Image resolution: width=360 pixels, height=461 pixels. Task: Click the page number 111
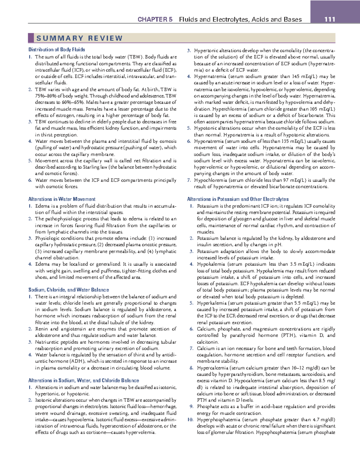330,20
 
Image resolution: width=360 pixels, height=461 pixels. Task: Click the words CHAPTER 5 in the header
155,20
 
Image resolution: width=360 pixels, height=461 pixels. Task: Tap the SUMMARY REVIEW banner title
79,38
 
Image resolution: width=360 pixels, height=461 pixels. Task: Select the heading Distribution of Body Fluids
57,50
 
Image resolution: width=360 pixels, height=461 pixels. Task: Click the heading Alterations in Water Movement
62,199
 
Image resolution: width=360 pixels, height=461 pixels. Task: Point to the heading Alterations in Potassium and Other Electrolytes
238,199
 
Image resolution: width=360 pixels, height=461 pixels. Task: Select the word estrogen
65,116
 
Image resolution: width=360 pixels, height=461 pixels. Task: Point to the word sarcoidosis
313,374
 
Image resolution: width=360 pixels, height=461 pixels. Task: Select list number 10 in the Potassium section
190,420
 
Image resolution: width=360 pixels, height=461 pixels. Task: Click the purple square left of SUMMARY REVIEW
31,38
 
